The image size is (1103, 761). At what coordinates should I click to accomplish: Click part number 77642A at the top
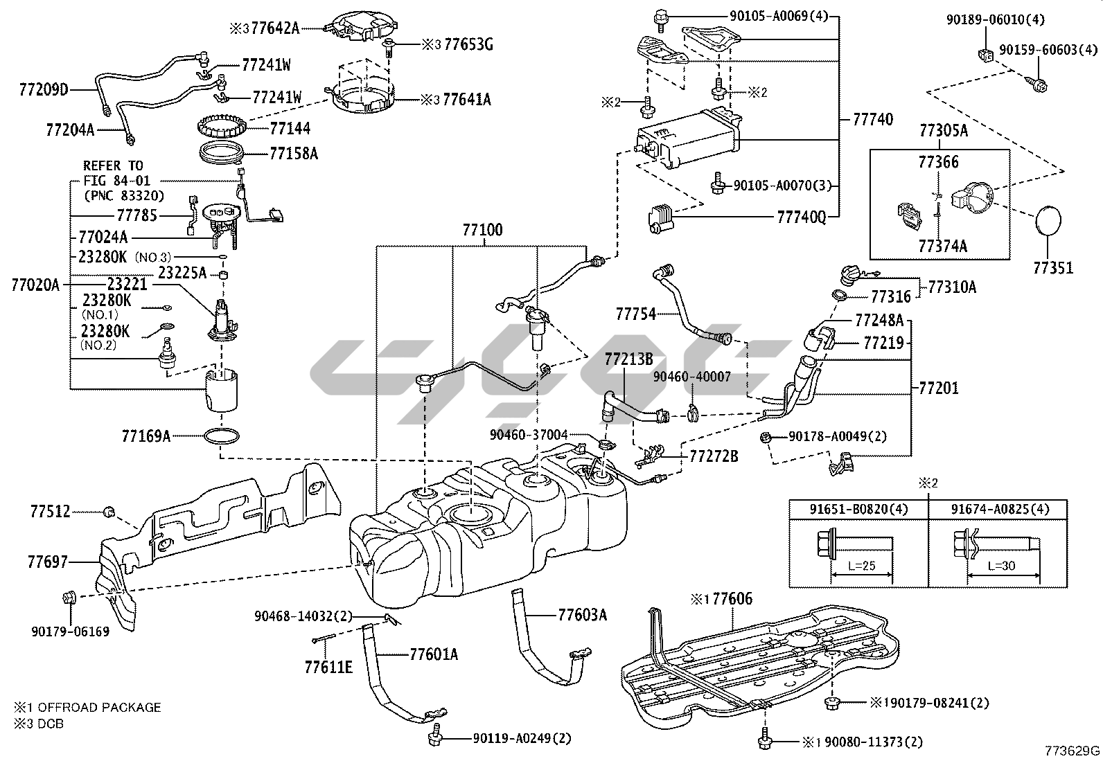coord(275,28)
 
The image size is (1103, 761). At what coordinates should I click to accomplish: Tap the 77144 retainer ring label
coord(290,128)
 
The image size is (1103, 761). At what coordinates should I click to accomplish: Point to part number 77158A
coord(293,153)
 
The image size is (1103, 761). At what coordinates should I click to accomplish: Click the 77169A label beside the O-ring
coord(145,436)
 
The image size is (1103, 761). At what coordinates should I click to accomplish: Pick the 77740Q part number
coord(802,218)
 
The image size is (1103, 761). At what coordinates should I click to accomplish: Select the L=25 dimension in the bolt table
coord(861,566)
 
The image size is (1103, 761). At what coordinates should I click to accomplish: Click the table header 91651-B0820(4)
coord(858,510)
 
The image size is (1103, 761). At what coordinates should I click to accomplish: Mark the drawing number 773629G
coord(1073,750)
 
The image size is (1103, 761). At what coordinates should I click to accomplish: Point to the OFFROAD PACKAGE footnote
coord(99,707)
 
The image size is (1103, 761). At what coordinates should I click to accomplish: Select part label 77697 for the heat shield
coord(48,562)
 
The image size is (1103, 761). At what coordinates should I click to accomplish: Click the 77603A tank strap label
coord(582,614)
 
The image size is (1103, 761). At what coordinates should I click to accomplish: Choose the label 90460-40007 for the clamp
coord(692,377)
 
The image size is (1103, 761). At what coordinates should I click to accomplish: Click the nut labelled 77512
coord(109,512)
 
